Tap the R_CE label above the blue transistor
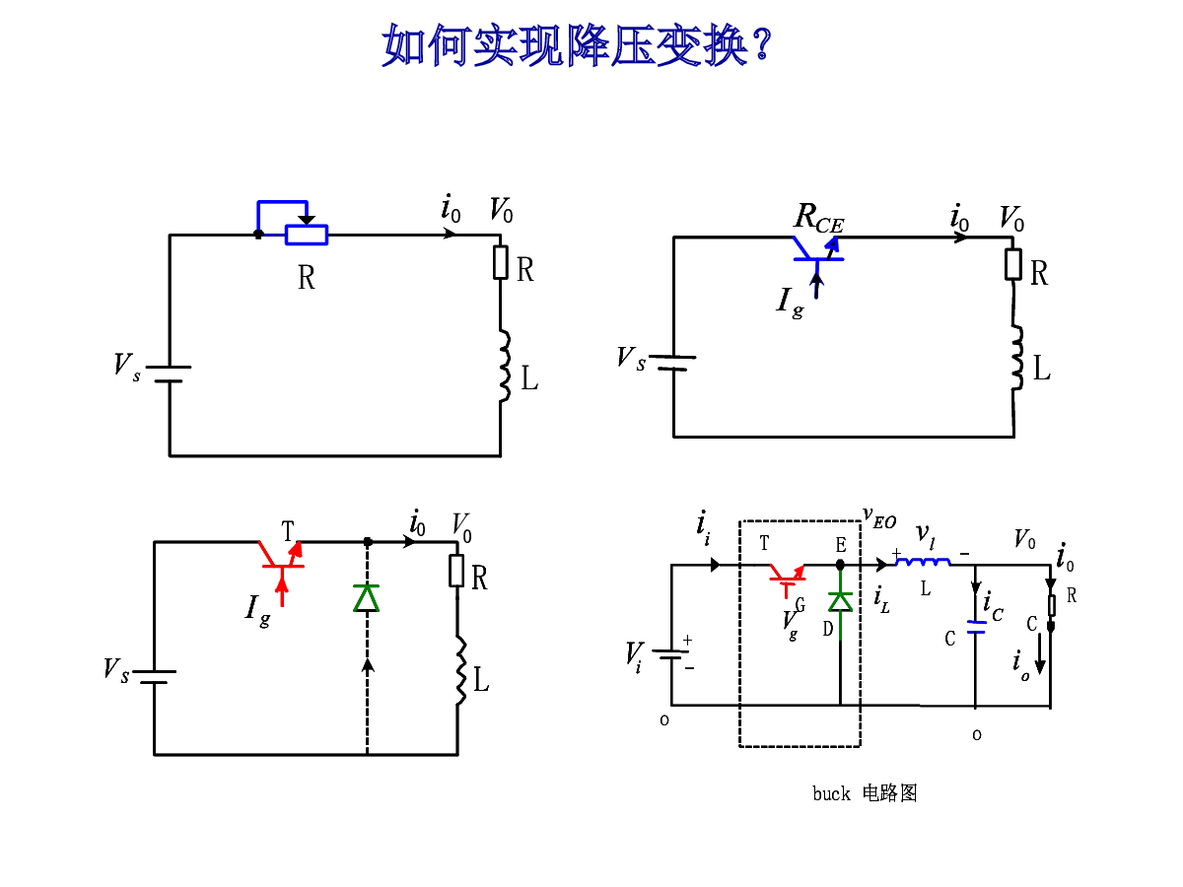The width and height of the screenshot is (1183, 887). point(818,218)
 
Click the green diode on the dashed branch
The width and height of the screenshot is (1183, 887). point(367,598)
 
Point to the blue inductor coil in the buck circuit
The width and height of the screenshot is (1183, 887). point(923,562)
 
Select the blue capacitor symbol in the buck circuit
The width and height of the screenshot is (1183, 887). point(976,627)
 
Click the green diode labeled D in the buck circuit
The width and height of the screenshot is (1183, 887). point(840,601)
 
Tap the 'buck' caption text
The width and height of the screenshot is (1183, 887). point(831,794)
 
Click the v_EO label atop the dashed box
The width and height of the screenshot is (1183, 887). point(879,517)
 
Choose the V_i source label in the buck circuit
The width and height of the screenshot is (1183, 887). point(634,656)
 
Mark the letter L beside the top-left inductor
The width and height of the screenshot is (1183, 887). point(529,377)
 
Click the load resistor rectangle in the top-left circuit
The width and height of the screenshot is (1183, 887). point(501,262)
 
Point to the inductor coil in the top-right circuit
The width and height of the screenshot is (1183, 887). point(1016,357)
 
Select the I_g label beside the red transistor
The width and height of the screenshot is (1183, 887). point(257,611)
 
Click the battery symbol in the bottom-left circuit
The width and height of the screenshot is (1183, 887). point(154,677)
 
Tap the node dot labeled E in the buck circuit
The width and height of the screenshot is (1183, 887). point(840,565)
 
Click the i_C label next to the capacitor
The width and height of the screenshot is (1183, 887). point(993,606)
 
